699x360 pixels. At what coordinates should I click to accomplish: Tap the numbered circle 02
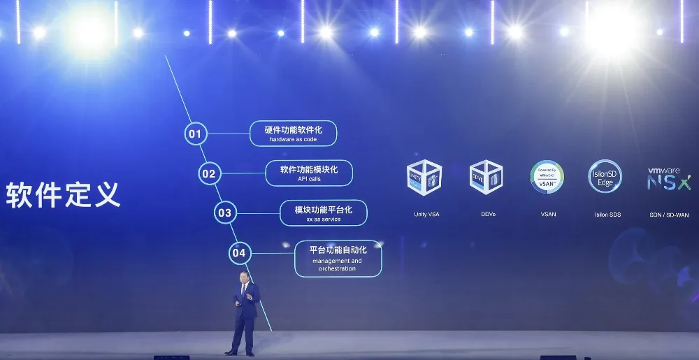[x=209, y=173]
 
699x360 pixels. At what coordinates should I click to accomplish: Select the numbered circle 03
[x=224, y=213]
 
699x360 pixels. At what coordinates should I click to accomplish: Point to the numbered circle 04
[x=239, y=253]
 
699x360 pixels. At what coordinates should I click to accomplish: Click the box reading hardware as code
[x=294, y=134]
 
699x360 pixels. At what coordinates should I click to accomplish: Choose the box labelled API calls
[x=309, y=173]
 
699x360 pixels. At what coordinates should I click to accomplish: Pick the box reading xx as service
[x=323, y=213]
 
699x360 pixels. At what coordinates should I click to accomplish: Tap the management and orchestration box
[x=337, y=259]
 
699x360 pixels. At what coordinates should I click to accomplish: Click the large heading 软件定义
[x=64, y=194]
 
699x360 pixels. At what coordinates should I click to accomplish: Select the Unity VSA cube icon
[x=424, y=178]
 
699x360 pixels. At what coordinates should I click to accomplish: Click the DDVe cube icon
[x=486, y=177]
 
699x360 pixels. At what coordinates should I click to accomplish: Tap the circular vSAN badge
[x=547, y=178]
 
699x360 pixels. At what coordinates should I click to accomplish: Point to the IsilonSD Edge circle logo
[x=605, y=177]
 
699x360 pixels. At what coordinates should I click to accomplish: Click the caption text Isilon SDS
[x=604, y=215]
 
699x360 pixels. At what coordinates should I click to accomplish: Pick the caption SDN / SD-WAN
[x=668, y=215]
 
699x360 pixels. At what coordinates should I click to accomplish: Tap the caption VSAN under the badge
[x=547, y=214]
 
